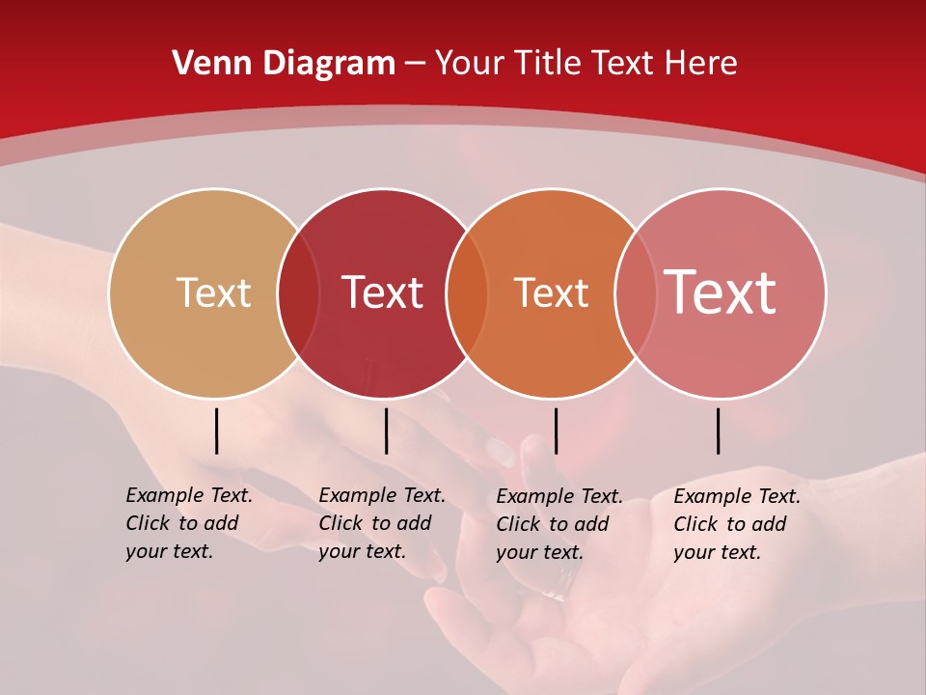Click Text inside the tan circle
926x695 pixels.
pyautogui.click(x=213, y=292)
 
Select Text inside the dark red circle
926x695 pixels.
pyautogui.click(x=383, y=292)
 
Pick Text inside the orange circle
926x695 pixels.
pyautogui.click(x=551, y=292)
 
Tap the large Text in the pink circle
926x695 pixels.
pyautogui.click(x=721, y=292)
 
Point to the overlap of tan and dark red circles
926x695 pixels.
pyautogui.click(x=298, y=293)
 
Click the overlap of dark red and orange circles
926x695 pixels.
pyautogui.click(x=467, y=293)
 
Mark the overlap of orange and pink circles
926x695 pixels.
pyautogui.click(x=634, y=293)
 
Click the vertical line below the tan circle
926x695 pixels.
pyautogui.click(x=216, y=431)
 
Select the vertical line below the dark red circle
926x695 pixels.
pyautogui.click(x=386, y=431)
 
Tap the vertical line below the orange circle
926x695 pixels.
pyautogui.click(x=556, y=431)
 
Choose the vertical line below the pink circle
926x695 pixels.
pyautogui.click(x=718, y=431)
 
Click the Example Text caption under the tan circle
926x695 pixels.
pyautogui.click(x=189, y=523)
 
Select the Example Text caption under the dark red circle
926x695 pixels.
pyautogui.click(x=382, y=523)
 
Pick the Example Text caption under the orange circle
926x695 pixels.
pyautogui.click(x=559, y=524)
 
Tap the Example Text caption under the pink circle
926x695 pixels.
pyautogui.click(x=737, y=524)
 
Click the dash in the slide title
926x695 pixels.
pyautogui.click(x=415, y=64)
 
